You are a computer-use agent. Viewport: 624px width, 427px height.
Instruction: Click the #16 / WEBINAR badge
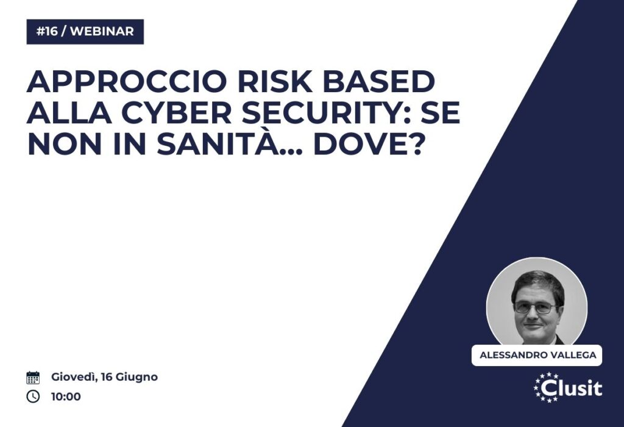point(85,32)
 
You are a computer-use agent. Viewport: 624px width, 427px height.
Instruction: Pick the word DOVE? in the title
point(367,144)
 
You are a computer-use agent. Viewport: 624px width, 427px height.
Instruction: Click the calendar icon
point(33,377)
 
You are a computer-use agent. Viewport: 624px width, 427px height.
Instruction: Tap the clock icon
point(33,396)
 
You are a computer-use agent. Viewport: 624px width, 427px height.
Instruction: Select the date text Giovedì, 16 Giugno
point(104,377)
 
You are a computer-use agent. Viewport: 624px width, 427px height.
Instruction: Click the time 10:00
point(66,396)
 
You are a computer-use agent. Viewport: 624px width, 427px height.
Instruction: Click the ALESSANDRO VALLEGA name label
point(537,355)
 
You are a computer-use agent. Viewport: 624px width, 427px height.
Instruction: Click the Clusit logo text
point(572,388)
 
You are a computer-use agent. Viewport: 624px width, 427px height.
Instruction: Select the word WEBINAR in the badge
point(102,32)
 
